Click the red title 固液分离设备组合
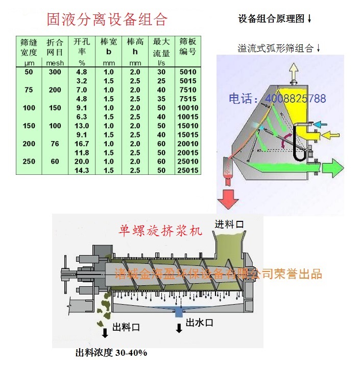(x=107, y=19)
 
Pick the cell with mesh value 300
(x=55, y=72)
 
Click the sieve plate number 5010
(x=188, y=72)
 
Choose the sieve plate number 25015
(x=188, y=170)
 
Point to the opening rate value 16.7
(x=81, y=144)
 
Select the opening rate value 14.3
(x=81, y=170)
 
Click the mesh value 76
(x=55, y=144)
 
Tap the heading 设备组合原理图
(x=275, y=19)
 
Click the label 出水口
(x=199, y=323)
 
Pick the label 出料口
(x=126, y=327)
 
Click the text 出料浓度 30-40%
(x=111, y=353)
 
